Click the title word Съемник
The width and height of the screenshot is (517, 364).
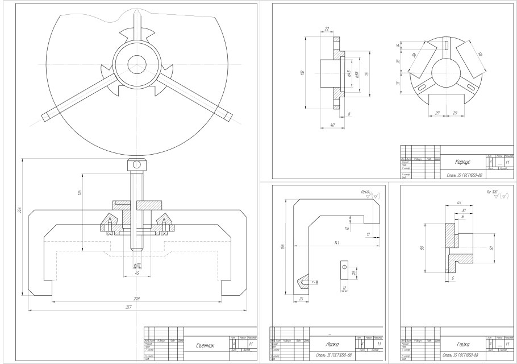(x=205, y=345)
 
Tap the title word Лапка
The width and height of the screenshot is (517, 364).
(x=332, y=344)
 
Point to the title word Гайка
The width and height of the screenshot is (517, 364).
(x=462, y=344)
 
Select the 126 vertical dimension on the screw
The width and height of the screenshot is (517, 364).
(x=80, y=194)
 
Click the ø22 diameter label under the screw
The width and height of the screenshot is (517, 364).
(x=137, y=266)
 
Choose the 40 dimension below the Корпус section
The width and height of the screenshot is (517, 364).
(x=332, y=125)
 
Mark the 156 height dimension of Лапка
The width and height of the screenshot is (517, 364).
(x=282, y=246)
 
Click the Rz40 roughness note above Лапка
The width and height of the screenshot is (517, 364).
(x=366, y=192)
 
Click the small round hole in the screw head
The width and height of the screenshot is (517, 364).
(x=136, y=165)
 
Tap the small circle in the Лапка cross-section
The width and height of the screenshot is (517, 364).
(x=343, y=264)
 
